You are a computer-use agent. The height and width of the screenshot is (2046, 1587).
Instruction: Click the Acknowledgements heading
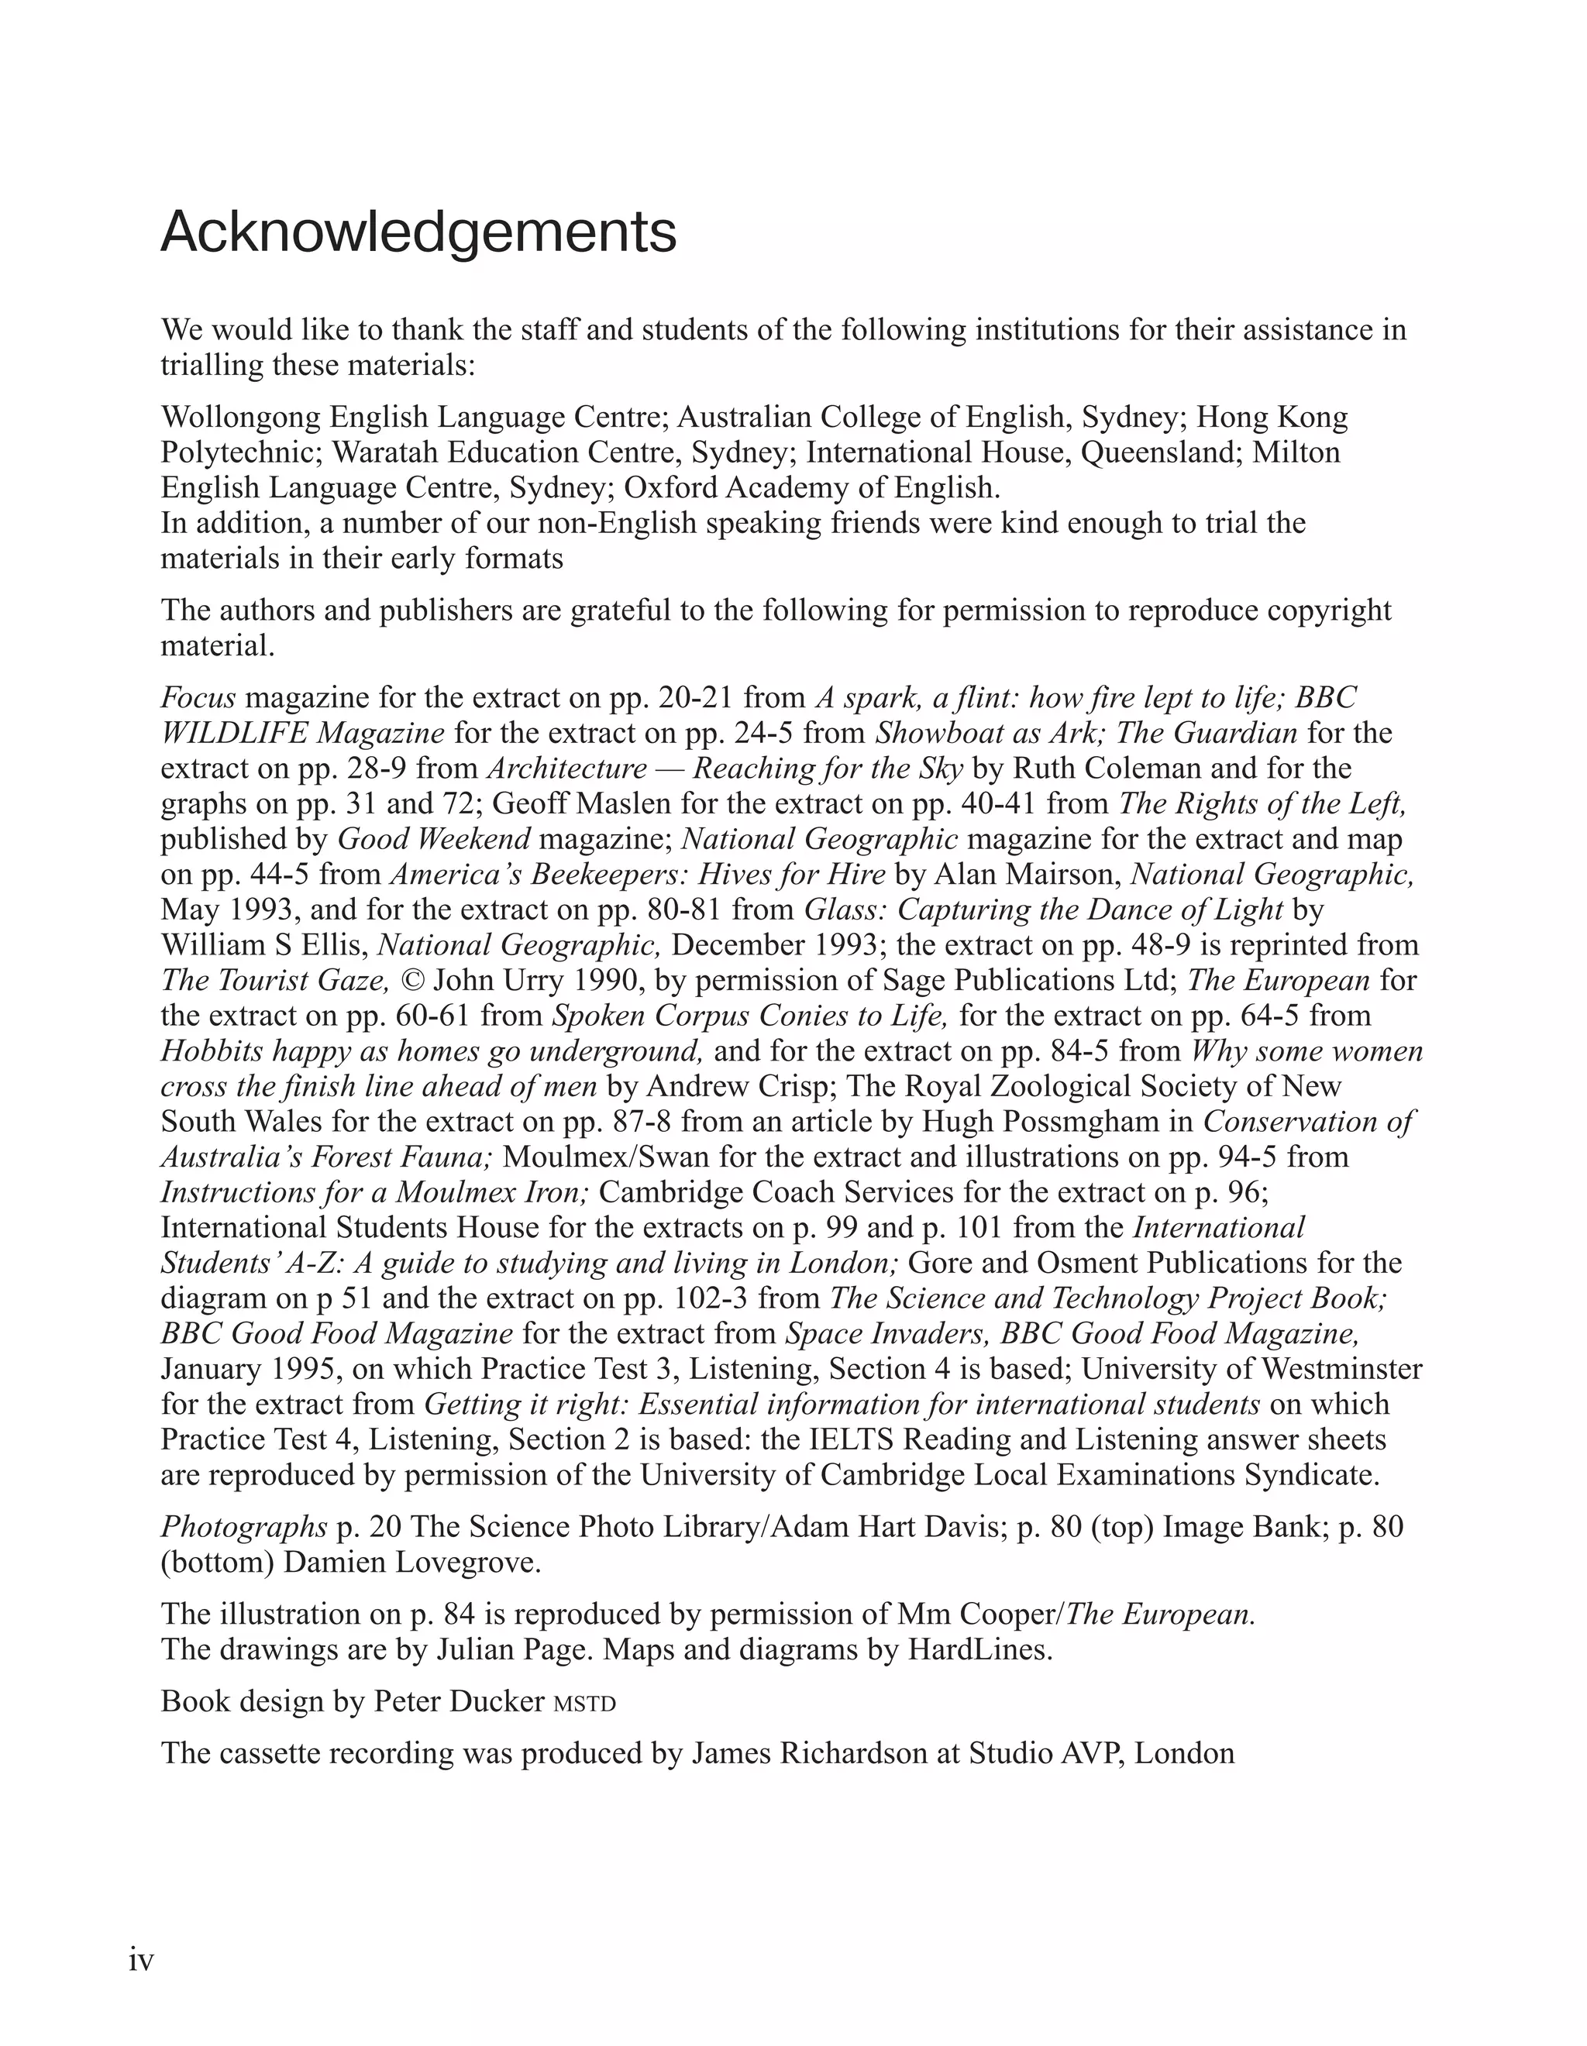pyautogui.click(x=418, y=233)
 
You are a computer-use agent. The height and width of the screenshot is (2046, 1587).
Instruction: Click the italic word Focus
pyautogui.click(x=198, y=697)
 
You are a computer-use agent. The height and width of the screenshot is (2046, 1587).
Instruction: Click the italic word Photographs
pyautogui.click(x=243, y=1527)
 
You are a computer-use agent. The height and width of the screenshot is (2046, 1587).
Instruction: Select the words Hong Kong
pyautogui.click(x=1272, y=417)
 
